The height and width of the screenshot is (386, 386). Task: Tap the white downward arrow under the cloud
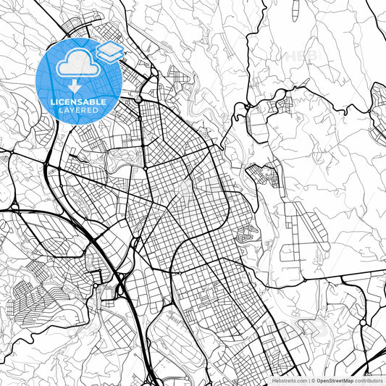pos(74,86)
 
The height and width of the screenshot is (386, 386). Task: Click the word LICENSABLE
pos(77,102)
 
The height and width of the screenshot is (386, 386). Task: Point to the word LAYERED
pos(77,111)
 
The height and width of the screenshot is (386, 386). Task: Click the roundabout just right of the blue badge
pos(138,98)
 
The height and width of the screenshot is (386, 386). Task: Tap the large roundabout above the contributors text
pos(363,320)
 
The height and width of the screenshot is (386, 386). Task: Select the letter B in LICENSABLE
pos(92,102)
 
